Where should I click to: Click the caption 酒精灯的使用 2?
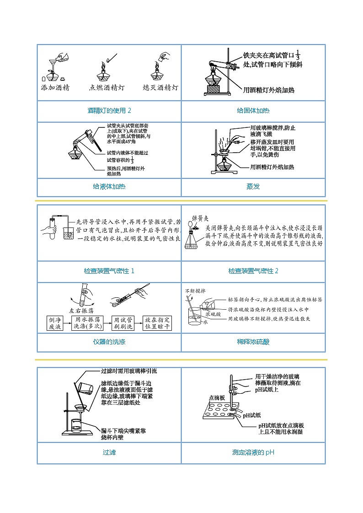[x=109, y=111]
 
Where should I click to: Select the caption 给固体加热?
[x=253, y=111]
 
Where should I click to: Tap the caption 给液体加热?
[x=109, y=186]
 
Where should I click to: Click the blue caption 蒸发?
[x=253, y=186]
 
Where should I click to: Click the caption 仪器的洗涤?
[x=109, y=342]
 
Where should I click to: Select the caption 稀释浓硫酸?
[x=253, y=342]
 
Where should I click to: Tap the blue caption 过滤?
[x=109, y=453]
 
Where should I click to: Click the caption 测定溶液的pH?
[x=253, y=453]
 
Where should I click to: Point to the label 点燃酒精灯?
[x=107, y=87]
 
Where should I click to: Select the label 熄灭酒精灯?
[x=160, y=87]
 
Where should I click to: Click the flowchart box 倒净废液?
[x=58, y=323]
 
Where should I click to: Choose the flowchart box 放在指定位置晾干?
[x=157, y=323]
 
